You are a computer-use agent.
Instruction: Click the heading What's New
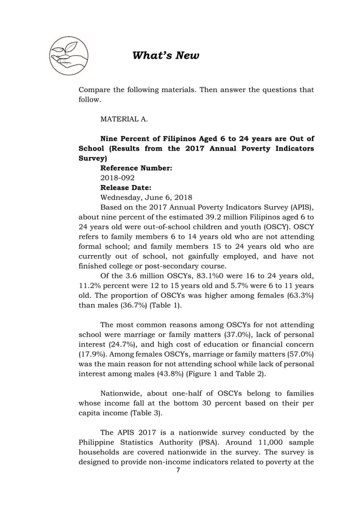point(165,55)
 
